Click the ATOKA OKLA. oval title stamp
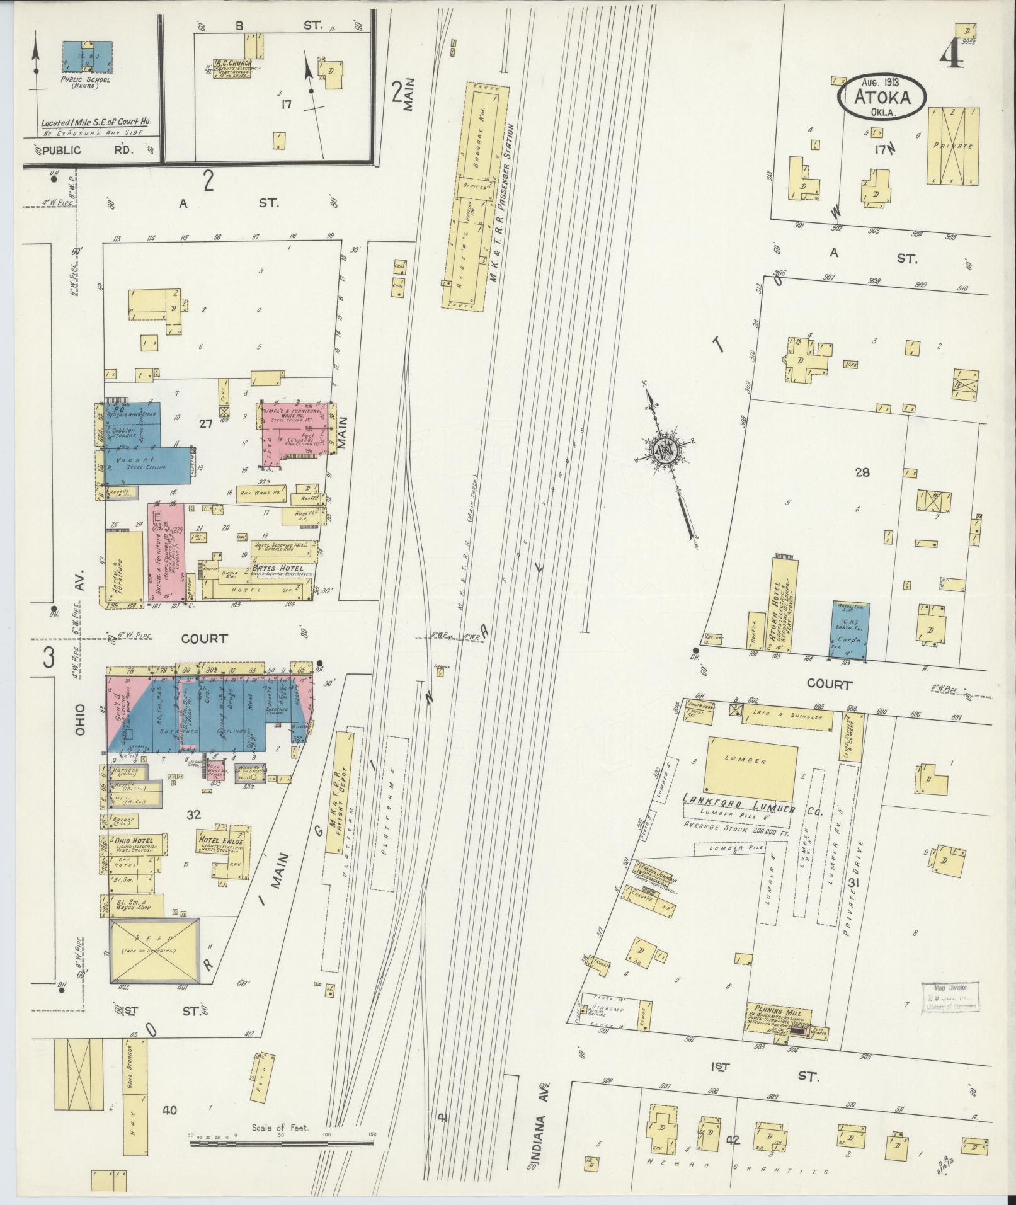[x=882, y=97]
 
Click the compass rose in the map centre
[x=665, y=449]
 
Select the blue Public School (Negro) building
[x=88, y=57]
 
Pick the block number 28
[x=862, y=471]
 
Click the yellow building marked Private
[x=953, y=146]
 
